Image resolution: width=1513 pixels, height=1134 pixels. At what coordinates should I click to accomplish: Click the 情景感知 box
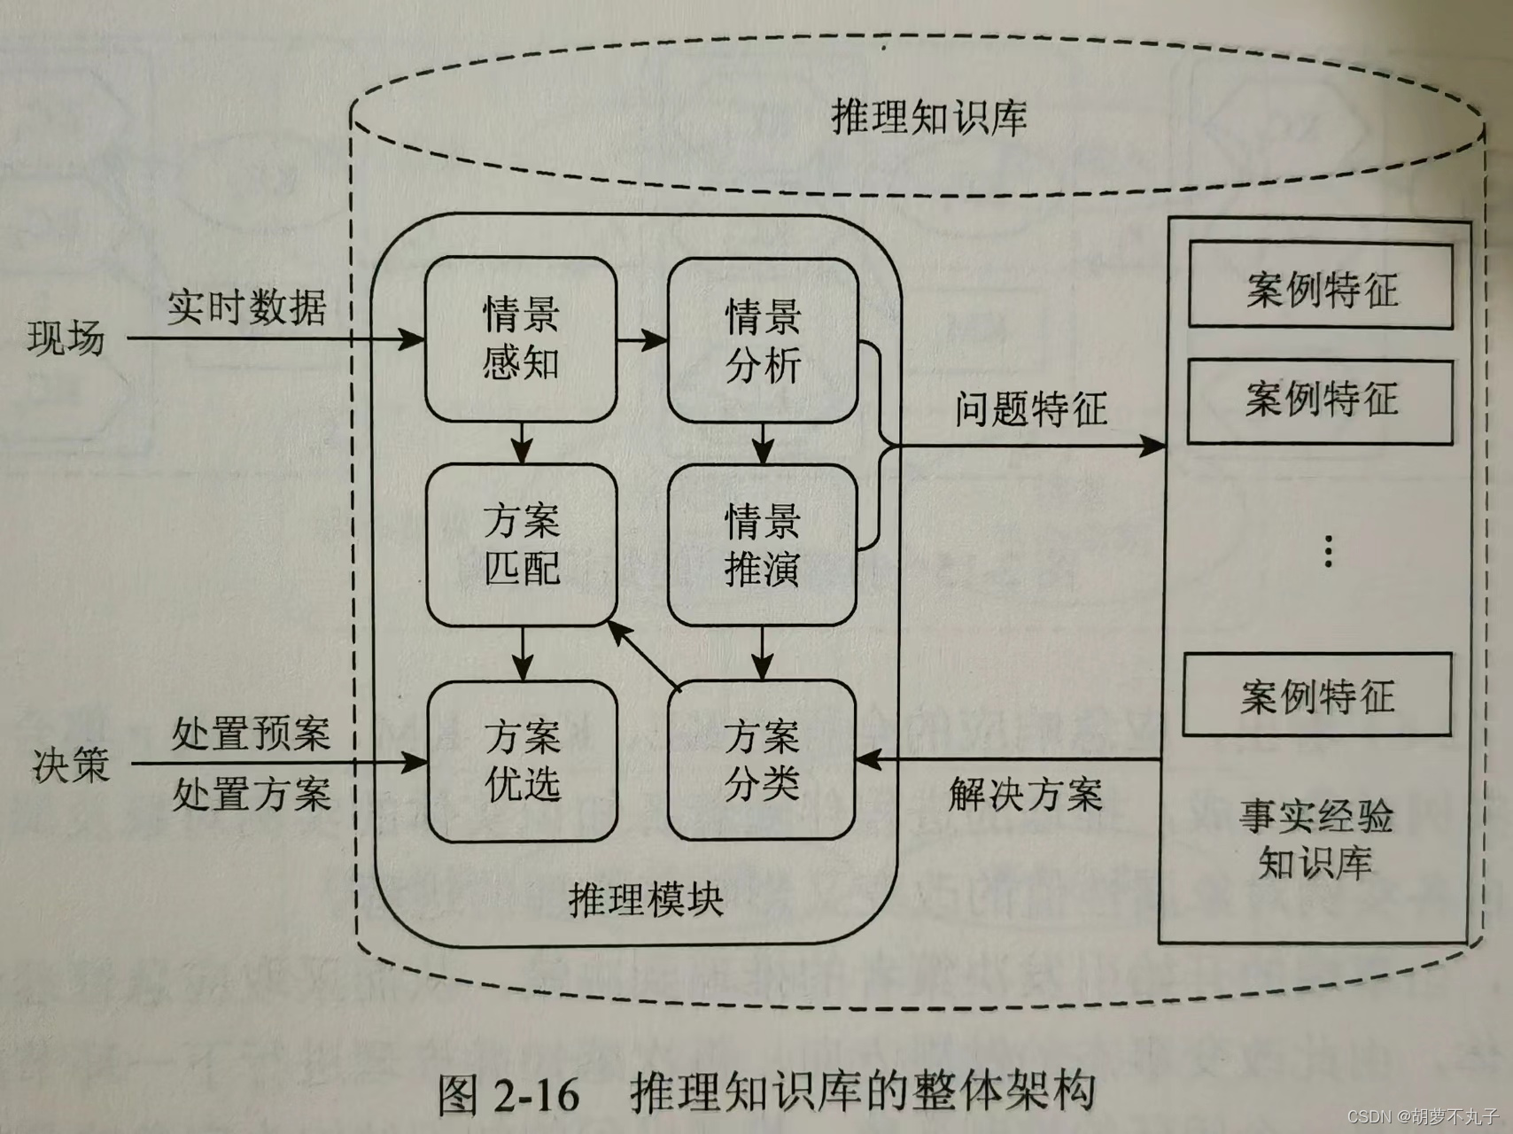click(x=521, y=338)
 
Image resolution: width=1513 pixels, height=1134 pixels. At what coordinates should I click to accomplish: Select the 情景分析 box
click(x=763, y=340)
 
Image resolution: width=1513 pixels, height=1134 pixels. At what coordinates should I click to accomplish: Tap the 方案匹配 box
click(x=522, y=544)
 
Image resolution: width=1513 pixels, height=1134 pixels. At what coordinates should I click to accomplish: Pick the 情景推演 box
click(x=762, y=545)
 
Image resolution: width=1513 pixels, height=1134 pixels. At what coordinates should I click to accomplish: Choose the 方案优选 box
click(x=523, y=760)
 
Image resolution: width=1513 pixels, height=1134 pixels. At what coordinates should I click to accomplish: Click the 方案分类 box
click(x=762, y=759)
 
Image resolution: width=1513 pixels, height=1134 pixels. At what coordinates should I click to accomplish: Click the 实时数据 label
click(x=247, y=307)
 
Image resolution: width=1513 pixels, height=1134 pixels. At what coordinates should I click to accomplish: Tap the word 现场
click(x=66, y=338)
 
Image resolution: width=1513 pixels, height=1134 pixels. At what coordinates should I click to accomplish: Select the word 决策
click(x=71, y=764)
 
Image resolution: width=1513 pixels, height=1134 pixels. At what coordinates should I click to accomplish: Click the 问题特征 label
click(x=1031, y=409)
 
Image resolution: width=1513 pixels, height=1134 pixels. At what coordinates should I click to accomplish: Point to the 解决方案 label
click(x=1026, y=794)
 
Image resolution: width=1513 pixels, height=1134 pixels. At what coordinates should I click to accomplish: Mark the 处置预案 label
click(x=251, y=734)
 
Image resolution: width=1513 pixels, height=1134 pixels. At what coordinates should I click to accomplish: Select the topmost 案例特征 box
click(x=1320, y=287)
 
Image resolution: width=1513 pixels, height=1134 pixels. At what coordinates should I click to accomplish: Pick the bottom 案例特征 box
click(x=1317, y=695)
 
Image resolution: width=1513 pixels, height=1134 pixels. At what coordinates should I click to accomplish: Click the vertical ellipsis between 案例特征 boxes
click(x=1328, y=551)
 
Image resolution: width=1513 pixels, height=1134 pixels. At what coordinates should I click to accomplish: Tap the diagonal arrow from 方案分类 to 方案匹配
click(x=644, y=655)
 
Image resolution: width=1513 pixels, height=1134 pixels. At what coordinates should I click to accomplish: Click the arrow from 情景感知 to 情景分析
click(x=642, y=339)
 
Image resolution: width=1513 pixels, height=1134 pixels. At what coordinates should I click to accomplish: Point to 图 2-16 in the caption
click(x=508, y=1095)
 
